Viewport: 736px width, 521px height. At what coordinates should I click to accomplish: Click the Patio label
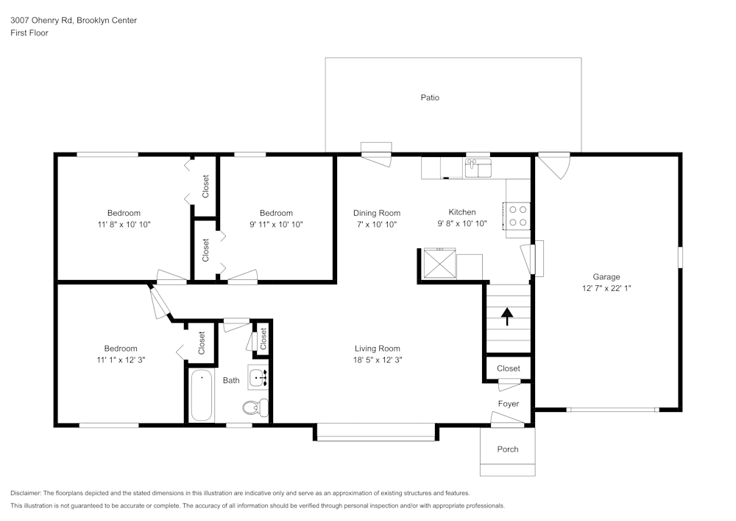tap(430, 97)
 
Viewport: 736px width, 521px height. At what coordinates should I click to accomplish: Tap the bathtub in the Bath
tap(201, 396)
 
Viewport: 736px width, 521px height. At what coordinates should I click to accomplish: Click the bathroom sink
tap(258, 379)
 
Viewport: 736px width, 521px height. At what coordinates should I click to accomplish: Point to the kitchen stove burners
tap(517, 215)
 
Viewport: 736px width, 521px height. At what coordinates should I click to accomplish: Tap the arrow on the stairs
tap(507, 316)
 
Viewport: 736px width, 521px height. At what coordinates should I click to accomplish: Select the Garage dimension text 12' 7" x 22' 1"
tap(606, 289)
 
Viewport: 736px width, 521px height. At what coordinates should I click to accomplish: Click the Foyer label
tap(508, 404)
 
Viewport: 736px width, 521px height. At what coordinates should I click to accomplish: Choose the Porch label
tap(508, 449)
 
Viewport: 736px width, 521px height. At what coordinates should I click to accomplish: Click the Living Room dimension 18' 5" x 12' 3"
tap(378, 360)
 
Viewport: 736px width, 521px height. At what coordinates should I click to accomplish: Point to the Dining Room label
tap(376, 213)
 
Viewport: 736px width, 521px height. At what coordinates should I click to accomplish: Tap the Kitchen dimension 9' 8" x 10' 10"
tap(461, 224)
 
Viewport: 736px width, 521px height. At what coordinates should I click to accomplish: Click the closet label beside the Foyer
tap(508, 368)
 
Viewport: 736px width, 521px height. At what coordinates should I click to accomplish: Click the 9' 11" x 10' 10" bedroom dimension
tap(276, 224)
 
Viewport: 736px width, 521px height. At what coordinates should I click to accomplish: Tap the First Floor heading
tap(29, 33)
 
